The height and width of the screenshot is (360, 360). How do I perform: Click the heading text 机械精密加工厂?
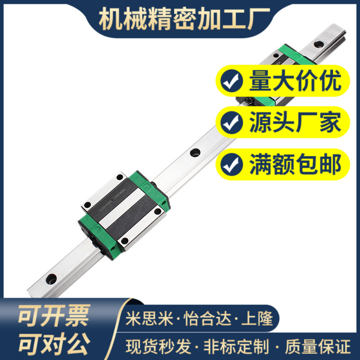coord(184,18)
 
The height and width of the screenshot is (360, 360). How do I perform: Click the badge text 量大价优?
coord(295,81)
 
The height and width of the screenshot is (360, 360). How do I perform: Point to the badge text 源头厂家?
coord(295,122)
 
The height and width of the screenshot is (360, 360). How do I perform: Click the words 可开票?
coord(54,315)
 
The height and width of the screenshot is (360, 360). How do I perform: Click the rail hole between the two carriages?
coord(194,153)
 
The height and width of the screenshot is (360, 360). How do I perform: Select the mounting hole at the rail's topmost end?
coord(319,44)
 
